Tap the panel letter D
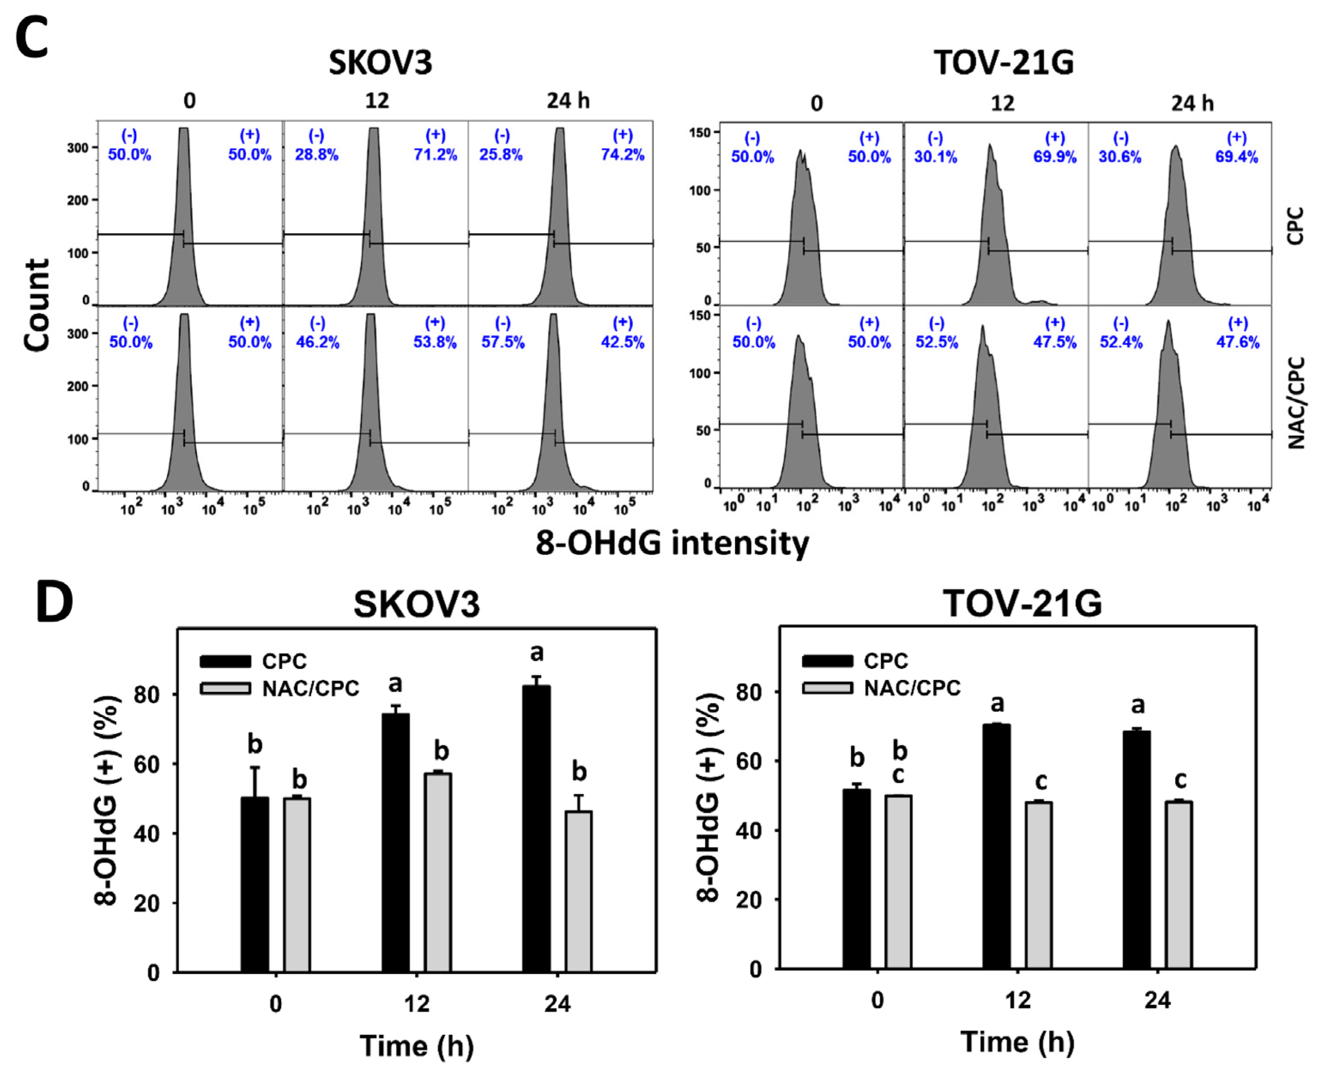[x=55, y=602]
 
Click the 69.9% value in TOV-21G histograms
[x=1055, y=157]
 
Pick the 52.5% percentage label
[x=936, y=342]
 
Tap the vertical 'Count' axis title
[x=37, y=306]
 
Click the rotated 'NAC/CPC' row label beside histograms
[x=1297, y=402]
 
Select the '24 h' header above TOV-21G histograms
[x=1192, y=103]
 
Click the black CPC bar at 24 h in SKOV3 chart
[x=536, y=829]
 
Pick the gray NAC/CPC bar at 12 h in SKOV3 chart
[x=438, y=872]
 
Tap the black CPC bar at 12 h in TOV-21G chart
[x=996, y=846]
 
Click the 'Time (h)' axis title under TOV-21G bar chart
[x=1017, y=1042]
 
